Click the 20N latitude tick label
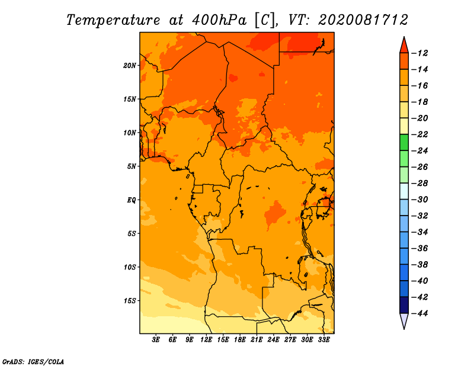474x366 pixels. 130,66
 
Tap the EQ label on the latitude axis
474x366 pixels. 132,200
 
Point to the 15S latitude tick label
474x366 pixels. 130,301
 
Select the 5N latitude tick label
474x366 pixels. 132,166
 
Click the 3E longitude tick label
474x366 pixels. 156,339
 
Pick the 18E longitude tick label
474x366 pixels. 240,339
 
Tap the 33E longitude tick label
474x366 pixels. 324,339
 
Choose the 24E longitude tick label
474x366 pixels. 273,339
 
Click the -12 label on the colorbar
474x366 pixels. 419,53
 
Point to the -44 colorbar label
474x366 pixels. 419,313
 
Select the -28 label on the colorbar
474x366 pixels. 419,183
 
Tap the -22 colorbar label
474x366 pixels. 419,134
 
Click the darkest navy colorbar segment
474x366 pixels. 404,305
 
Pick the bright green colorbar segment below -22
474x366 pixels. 404,143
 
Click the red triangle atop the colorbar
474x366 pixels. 404,46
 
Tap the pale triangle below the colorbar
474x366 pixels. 404,320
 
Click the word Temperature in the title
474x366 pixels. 113,20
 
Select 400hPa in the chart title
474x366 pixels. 219,20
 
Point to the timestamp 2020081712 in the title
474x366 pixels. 363,20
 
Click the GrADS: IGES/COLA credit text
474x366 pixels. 33,361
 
